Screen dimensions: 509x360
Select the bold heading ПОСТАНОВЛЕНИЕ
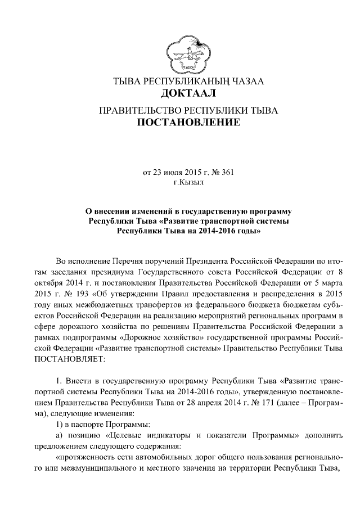(x=188, y=121)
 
